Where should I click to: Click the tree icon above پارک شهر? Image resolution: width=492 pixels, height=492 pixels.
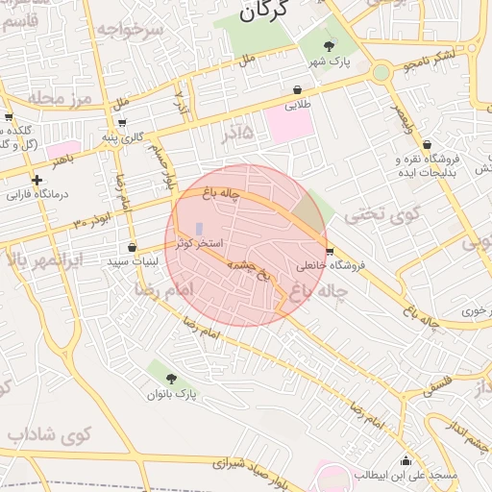330,46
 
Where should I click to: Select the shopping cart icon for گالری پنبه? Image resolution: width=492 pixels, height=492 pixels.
122,123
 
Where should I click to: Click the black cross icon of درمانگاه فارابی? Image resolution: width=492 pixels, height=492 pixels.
37,180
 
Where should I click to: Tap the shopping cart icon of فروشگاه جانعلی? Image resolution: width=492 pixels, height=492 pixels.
331,252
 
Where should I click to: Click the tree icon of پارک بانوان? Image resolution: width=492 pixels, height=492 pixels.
171,379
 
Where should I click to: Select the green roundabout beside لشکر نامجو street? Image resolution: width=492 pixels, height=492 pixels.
381,71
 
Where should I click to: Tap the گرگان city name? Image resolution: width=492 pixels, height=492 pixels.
260,13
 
